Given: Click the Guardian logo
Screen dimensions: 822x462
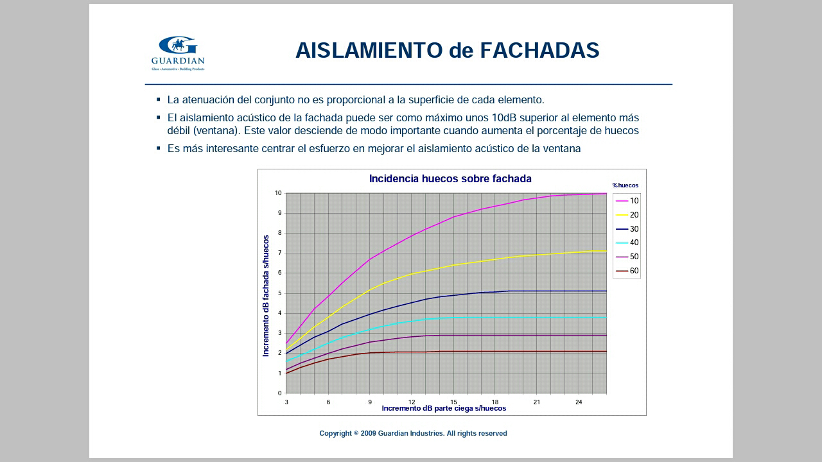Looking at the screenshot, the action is tap(178, 53).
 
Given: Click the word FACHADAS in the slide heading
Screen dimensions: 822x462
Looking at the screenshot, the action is tap(539, 50).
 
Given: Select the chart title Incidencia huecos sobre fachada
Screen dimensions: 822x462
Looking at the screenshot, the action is tap(450, 178).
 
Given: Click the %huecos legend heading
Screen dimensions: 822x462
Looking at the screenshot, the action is tap(625, 185).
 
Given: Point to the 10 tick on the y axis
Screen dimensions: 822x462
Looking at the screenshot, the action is tap(278, 193).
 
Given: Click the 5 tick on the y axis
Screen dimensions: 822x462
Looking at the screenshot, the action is tap(280, 293).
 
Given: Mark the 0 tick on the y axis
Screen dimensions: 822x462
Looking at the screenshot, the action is tap(280, 393).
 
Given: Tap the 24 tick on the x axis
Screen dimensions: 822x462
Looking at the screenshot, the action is tap(579, 402).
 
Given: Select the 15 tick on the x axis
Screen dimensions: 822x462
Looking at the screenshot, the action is tap(453, 402).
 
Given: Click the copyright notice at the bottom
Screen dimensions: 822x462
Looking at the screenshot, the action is tap(413, 433).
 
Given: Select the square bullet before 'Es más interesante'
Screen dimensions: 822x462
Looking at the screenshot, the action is tap(159, 148).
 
